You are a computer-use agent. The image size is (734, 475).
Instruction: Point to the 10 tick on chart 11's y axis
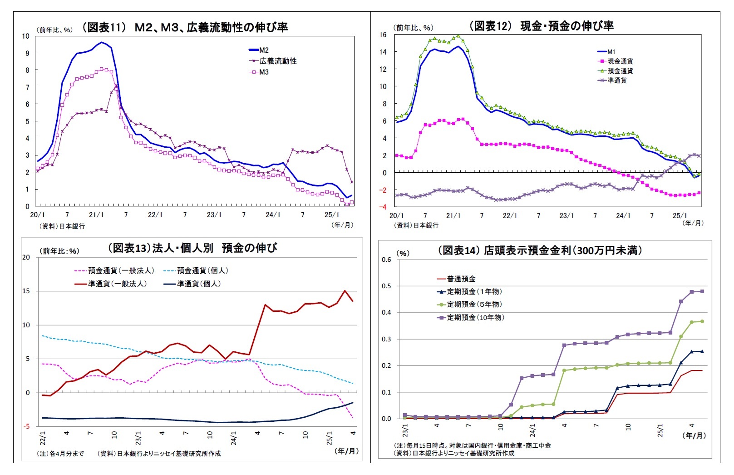(x=26, y=36)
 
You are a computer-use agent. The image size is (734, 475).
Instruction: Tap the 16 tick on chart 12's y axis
(x=383, y=35)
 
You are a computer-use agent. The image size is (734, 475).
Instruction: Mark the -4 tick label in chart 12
(x=384, y=207)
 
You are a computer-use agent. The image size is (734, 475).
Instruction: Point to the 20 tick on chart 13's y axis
(x=26, y=257)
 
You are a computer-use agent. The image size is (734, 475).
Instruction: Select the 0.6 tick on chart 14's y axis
(x=386, y=260)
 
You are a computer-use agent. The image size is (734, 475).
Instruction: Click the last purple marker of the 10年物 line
(x=702, y=291)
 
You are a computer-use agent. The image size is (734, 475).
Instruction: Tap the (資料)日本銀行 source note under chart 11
(x=60, y=226)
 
